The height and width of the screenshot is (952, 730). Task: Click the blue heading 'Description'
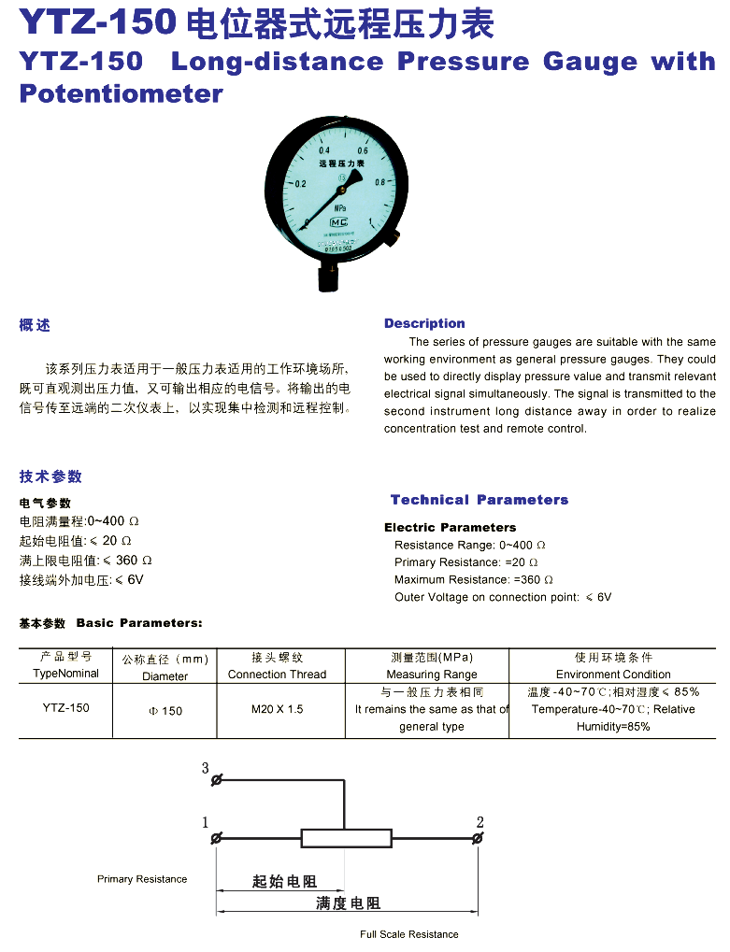pos(424,323)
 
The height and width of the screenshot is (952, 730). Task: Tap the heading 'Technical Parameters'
pos(480,500)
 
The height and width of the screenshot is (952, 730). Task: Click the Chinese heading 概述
pos(35,325)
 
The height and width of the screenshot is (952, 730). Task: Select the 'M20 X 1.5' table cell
pos(277,709)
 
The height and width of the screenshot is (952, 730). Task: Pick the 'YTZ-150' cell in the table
pos(65,708)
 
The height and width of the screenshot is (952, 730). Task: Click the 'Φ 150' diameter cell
pos(165,711)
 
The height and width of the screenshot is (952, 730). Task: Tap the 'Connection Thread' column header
pos(277,675)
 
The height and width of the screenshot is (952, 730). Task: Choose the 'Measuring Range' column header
pos(431,675)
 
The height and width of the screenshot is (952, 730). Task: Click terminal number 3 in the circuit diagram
pos(206,768)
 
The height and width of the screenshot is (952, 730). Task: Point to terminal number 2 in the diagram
pos(480,822)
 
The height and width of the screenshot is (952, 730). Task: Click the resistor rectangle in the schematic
pos(344,838)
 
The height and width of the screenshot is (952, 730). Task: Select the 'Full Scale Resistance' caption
pos(409,934)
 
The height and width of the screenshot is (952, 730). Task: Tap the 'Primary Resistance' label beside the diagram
pos(142,879)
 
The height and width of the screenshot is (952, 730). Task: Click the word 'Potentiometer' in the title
pos(122,93)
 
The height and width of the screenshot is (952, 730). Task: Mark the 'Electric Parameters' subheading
pos(450,527)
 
